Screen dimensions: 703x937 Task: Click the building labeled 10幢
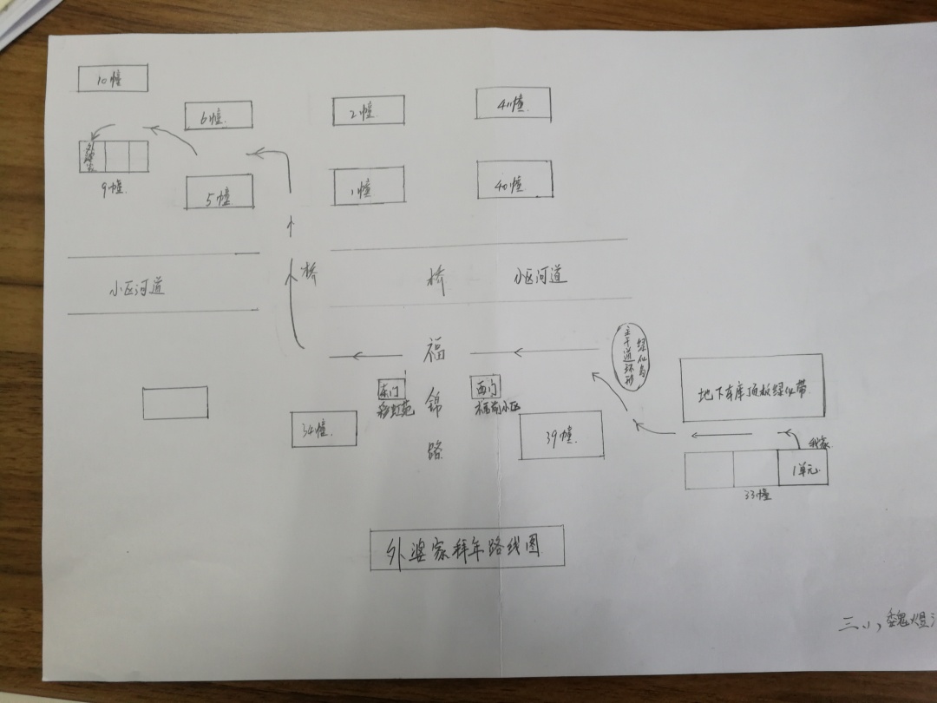point(112,78)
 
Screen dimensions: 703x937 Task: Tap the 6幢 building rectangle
point(218,115)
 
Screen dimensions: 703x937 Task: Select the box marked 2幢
point(368,110)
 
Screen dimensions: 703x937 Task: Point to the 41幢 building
point(513,103)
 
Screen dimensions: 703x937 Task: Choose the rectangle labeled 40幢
point(514,180)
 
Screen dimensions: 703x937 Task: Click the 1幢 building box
point(369,187)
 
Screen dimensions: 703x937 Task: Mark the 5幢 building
point(220,192)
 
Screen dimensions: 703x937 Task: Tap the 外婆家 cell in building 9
point(91,156)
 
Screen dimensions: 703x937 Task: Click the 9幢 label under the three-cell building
point(114,186)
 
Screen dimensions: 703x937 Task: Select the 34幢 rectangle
point(324,429)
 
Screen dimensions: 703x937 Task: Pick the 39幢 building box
point(561,436)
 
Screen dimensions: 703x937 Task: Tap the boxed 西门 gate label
point(484,386)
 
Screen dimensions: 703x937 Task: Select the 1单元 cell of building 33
point(803,469)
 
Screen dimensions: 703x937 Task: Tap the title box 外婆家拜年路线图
point(466,548)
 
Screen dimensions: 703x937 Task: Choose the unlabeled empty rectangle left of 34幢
point(175,403)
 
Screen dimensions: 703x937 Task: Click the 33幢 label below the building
point(757,496)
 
